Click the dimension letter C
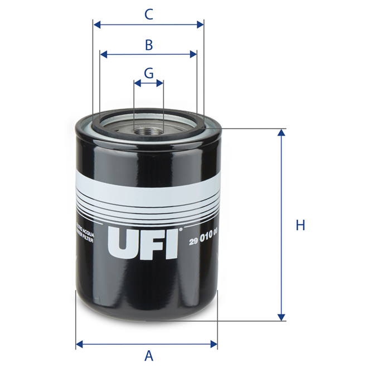coord(149,14)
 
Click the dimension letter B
coord(149,45)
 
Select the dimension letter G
coord(149,73)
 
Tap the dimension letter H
coord(301,225)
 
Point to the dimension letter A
coord(149,355)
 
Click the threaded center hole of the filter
coord(149,132)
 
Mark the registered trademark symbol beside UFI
coord(180,229)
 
